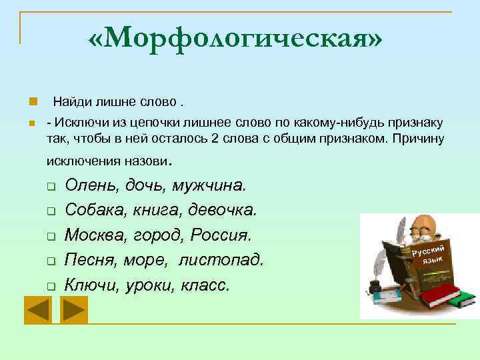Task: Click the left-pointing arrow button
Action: pyautogui.click(x=39, y=309)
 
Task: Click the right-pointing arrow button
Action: pyautogui.click(x=73, y=309)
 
